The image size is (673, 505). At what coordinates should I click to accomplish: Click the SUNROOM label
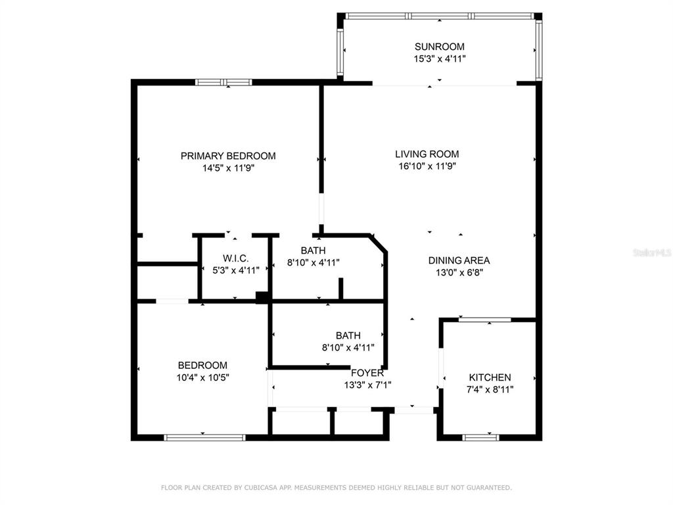pyautogui.click(x=440, y=47)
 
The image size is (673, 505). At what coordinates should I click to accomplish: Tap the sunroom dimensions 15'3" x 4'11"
pyautogui.click(x=440, y=59)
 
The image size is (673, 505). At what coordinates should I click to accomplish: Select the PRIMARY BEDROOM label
pyautogui.click(x=228, y=156)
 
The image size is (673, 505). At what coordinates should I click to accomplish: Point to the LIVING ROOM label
pyautogui.click(x=427, y=154)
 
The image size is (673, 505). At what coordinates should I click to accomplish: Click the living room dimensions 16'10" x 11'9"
pyautogui.click(x=427, y=166)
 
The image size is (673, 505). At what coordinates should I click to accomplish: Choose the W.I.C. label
pyautogui.click(x=236, y=258)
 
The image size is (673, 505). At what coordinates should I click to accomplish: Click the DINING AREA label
pyautogui.click(x=459, y=260)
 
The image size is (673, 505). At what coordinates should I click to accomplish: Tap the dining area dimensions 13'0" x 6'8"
pyautogui.click(x=459, y=273)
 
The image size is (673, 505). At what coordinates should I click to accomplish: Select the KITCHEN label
pyautogui.click(x=490, y=377)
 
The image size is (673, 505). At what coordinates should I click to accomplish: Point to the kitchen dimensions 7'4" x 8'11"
pyautogui.click(x=490, y=389)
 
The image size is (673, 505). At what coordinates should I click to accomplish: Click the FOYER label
pyautogui.click(x=367, y=373)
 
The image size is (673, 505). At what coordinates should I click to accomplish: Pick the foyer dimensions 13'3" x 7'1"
pyautogui.click(x=367, y=385)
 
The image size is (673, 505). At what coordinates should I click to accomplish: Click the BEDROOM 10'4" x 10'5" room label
pyautogui.click(x=202, y=366)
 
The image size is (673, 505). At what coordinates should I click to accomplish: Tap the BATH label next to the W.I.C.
pyautogui.click(x=313, y=251)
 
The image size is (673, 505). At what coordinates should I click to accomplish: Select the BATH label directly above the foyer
pyautogui.click(x=348, y=335)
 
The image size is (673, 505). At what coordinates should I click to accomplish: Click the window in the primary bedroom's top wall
pyautogui.click(x=223, y=82)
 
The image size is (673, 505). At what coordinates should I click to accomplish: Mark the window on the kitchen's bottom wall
pyautogui.click(x=480, y=437)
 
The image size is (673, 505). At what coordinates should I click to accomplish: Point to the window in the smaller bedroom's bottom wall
pyautogui.click(x=205, y=437)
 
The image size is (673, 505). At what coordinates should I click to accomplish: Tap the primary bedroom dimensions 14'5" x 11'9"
pyautogui.click(x=228, y=168)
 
